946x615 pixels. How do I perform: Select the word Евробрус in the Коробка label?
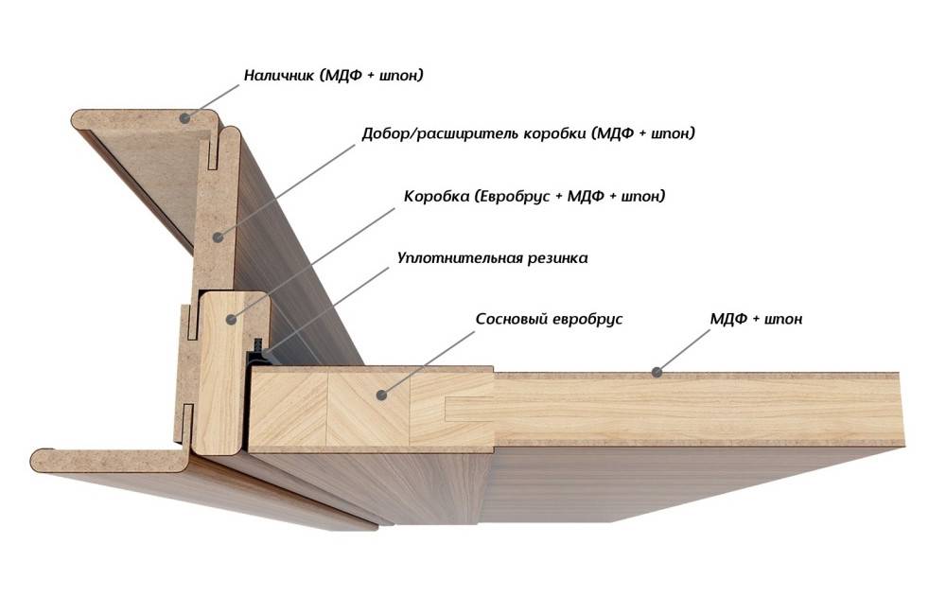[x=511, y=197]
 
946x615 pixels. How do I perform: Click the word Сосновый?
[x=511, y=319]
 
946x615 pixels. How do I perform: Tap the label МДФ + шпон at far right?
[x=756, y=319]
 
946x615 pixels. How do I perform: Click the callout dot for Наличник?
[x=186, y=118]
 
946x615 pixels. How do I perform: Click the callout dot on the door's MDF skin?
[x=654, y=372]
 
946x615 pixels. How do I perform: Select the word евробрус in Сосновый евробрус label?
[x=587, y=319]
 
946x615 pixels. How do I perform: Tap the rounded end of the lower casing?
[x=38, y=460]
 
